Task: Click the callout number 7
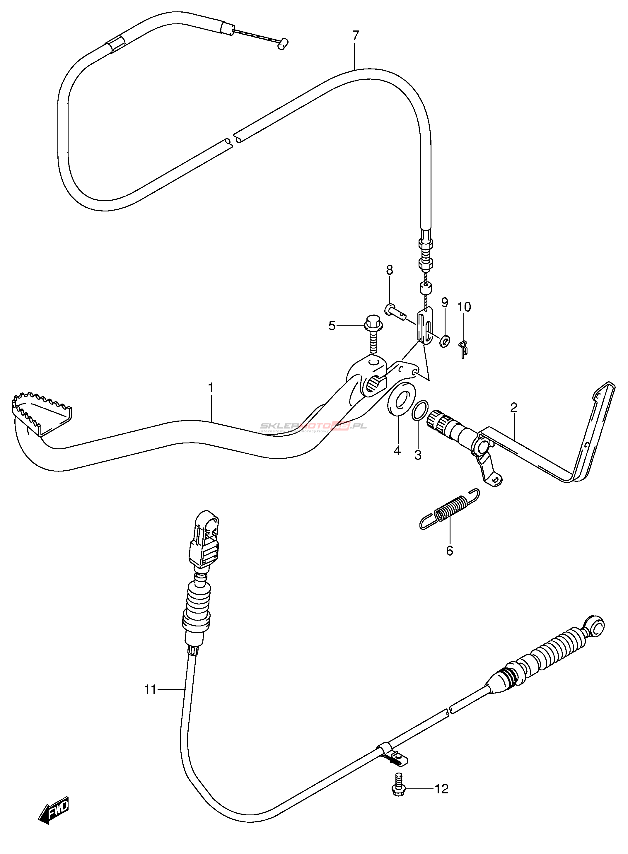click(355, 36)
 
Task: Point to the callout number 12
click(441, 789)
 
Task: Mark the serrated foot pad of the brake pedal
click(41, 412)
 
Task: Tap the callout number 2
click(513, 408)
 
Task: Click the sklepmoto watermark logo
click(313, 427)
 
